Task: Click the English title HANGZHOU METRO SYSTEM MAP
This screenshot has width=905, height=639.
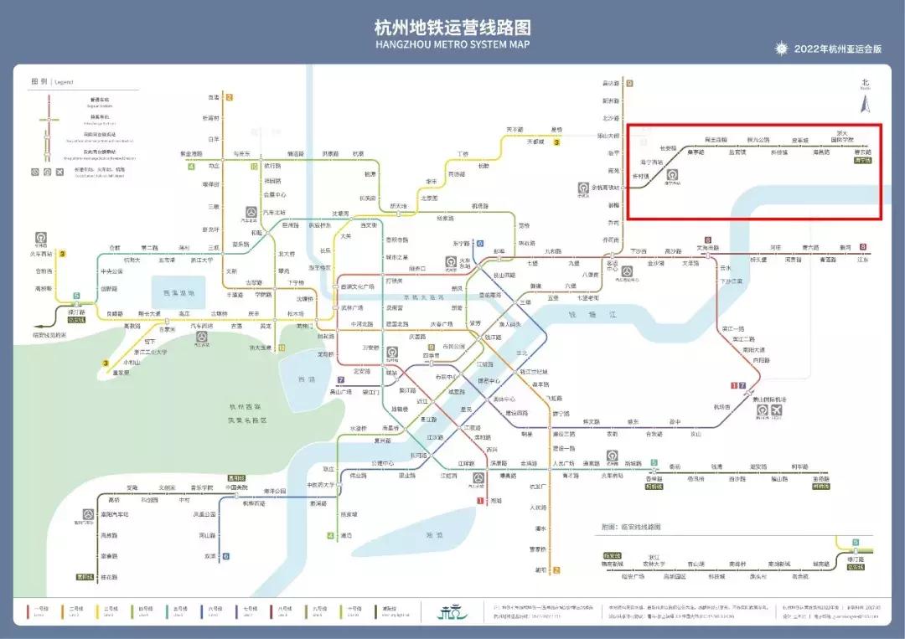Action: pos(452,44)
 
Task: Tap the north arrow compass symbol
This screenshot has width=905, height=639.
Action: pos(866,103)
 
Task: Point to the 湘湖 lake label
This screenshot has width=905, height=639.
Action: pos(434,534)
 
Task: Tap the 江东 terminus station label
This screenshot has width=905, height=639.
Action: pos(862,260)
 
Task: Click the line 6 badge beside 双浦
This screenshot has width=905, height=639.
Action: pos(225,556)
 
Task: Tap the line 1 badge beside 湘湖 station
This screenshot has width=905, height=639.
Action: pos(481,501)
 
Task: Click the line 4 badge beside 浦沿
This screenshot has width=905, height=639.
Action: pos(330,535)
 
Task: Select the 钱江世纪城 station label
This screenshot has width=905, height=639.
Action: pos(534,371)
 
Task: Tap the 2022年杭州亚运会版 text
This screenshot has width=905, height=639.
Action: pos(838,49)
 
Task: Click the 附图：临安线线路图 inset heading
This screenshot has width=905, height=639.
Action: pos(631,527)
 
